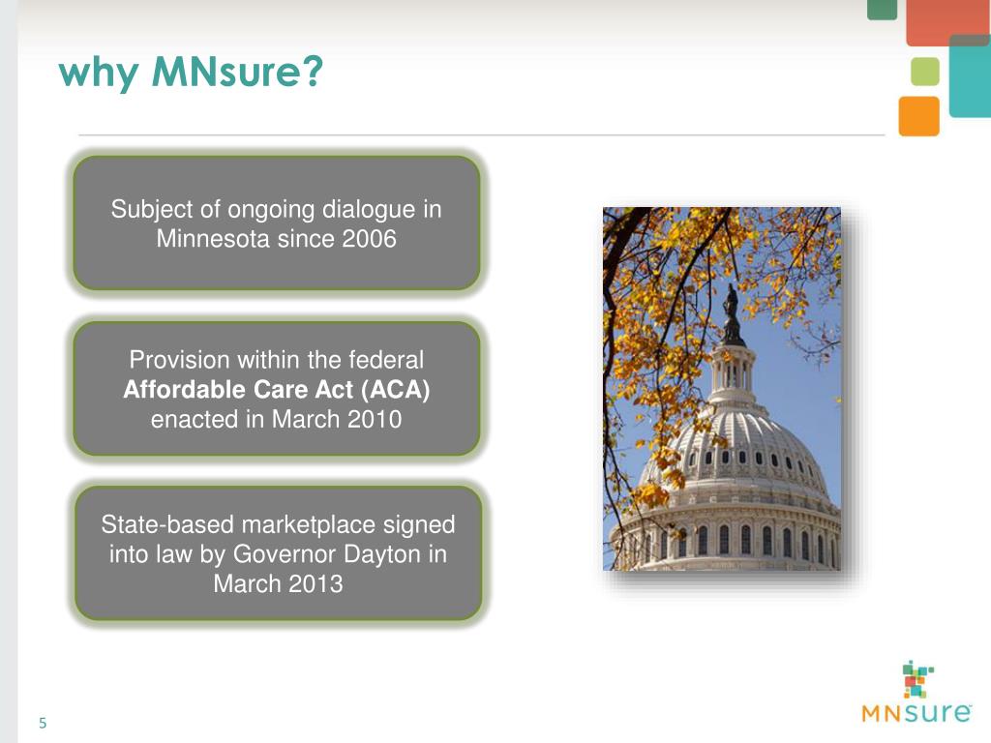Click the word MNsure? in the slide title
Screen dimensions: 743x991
[236, 73]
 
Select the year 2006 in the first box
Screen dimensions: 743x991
[369, 239]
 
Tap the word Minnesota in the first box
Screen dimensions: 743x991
[213, 239]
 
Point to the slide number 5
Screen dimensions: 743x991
[43, 724]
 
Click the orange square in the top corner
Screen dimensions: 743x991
[918, 116]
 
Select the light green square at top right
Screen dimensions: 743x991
[925, 72]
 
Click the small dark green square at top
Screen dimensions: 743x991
[882, 9]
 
